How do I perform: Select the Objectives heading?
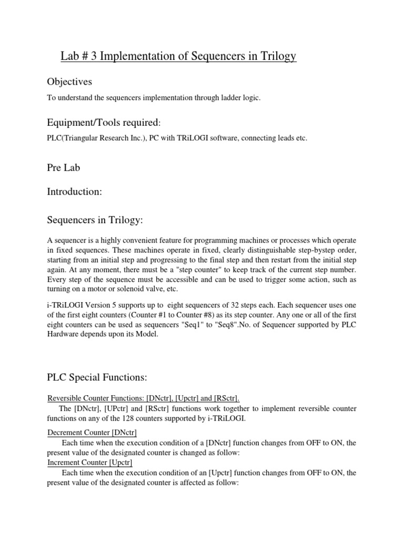pos(69,82)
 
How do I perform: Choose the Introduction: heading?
pos(74,192)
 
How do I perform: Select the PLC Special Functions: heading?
pos(96,378)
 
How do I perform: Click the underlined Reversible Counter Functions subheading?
pos(143,397)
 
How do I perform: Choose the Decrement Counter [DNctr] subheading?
pos(92,432)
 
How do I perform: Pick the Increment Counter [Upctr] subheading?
pos(90,462)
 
